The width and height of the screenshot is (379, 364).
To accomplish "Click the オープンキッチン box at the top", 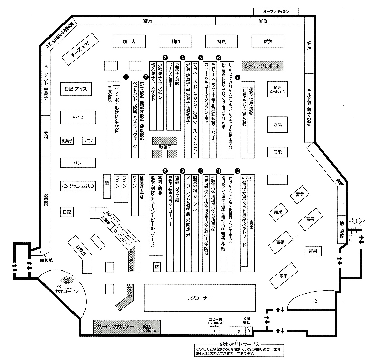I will coord(276,11).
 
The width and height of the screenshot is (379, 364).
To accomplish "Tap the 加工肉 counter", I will coord(129,41).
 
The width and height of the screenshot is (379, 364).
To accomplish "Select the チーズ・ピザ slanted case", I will coord(80,49).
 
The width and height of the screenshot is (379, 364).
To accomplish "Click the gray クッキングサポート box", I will coord(263,66).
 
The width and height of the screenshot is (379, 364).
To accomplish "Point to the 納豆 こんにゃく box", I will coord(277,89).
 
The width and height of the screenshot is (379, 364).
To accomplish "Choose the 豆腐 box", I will coord(277,125).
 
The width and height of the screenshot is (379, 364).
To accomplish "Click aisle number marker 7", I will coord(238,77).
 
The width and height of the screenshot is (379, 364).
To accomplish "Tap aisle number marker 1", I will coord(126,77).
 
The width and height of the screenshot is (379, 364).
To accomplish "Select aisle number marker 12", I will coord(238,171).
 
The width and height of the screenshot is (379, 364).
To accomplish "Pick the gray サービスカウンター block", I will coord(127,327).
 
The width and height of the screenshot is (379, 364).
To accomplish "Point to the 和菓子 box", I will coord(67,141).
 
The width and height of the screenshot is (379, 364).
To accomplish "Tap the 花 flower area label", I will coord(315,301).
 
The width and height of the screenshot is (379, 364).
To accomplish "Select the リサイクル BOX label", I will coord(356,222).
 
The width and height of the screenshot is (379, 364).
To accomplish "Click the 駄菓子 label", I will coord(165,147).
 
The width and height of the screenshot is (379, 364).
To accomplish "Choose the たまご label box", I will coord(247,177).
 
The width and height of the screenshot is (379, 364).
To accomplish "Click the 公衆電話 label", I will coord(246,321).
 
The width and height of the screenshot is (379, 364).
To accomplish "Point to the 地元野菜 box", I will coord(342,229).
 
